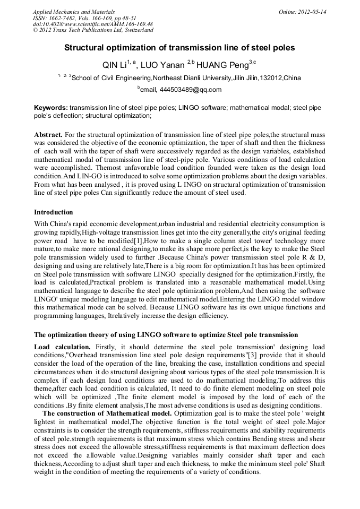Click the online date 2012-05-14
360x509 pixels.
[313, 12]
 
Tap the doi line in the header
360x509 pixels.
[92, 24]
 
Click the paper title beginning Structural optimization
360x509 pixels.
[179, 48]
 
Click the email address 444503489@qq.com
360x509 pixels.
[191, 90]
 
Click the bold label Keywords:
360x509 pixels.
[51, 108]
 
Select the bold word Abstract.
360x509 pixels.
[48, 135]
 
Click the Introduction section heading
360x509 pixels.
[54, 212]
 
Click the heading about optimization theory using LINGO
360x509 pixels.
[166, 335]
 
